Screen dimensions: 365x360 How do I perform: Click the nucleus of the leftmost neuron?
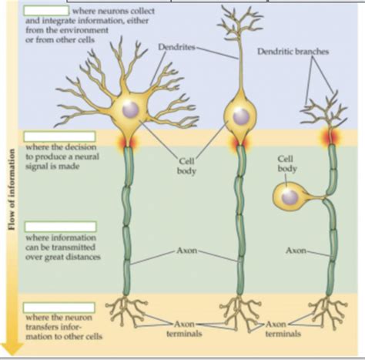(130, 110)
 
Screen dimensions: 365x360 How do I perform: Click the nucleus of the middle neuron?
(241, 116)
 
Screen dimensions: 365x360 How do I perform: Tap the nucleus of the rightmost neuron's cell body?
(290, 197)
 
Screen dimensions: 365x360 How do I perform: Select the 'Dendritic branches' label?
(293, 52)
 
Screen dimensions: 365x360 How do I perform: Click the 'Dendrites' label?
(176, 47)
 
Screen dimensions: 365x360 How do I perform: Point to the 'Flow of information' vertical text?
(12, 190)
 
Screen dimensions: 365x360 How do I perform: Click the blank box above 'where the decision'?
(59, 137)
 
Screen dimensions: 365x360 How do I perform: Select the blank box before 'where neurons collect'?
(46, 11)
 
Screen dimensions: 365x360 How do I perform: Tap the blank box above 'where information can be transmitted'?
(61, 227)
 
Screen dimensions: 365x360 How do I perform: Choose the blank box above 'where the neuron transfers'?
(59, 308)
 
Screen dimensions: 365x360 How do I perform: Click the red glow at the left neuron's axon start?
(127, 143)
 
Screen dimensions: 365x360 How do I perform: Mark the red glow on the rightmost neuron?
(331, 137)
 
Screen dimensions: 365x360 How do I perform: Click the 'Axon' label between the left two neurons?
(187, 251)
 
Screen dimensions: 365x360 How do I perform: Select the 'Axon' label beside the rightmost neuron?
(296, 251)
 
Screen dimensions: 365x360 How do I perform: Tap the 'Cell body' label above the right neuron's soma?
(287, 163)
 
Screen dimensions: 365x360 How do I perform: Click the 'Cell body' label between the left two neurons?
(186, 166)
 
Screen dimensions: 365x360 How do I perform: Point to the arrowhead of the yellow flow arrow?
(12, 348)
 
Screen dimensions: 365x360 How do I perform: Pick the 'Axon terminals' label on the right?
(283, 329)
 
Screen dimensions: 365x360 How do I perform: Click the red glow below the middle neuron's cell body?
(241, 144)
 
